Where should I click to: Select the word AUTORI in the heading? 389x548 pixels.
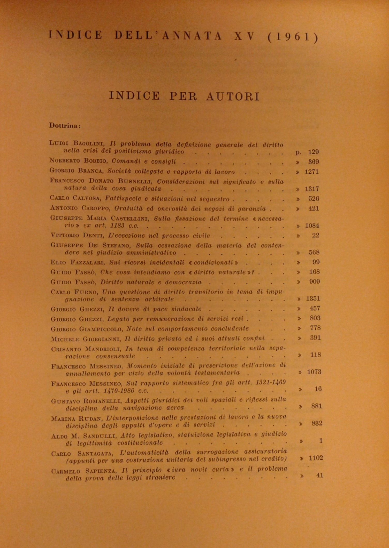tap(233, 96)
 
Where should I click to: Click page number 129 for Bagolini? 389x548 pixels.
tap(314, 152)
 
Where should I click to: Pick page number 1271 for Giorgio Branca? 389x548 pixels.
tap(312, 172)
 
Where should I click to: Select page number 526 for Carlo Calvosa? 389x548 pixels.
tap(314, 199)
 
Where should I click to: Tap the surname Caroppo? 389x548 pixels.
tap(96, 208)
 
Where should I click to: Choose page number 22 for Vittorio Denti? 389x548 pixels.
tap(316, 235)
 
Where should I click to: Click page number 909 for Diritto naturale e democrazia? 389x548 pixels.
tap(315, 281)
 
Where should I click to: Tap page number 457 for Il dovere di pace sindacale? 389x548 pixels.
tap(315, 308)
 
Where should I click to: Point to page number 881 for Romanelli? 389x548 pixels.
tap(317, 406)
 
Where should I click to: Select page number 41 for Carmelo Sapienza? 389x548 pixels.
tap(320, 475)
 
